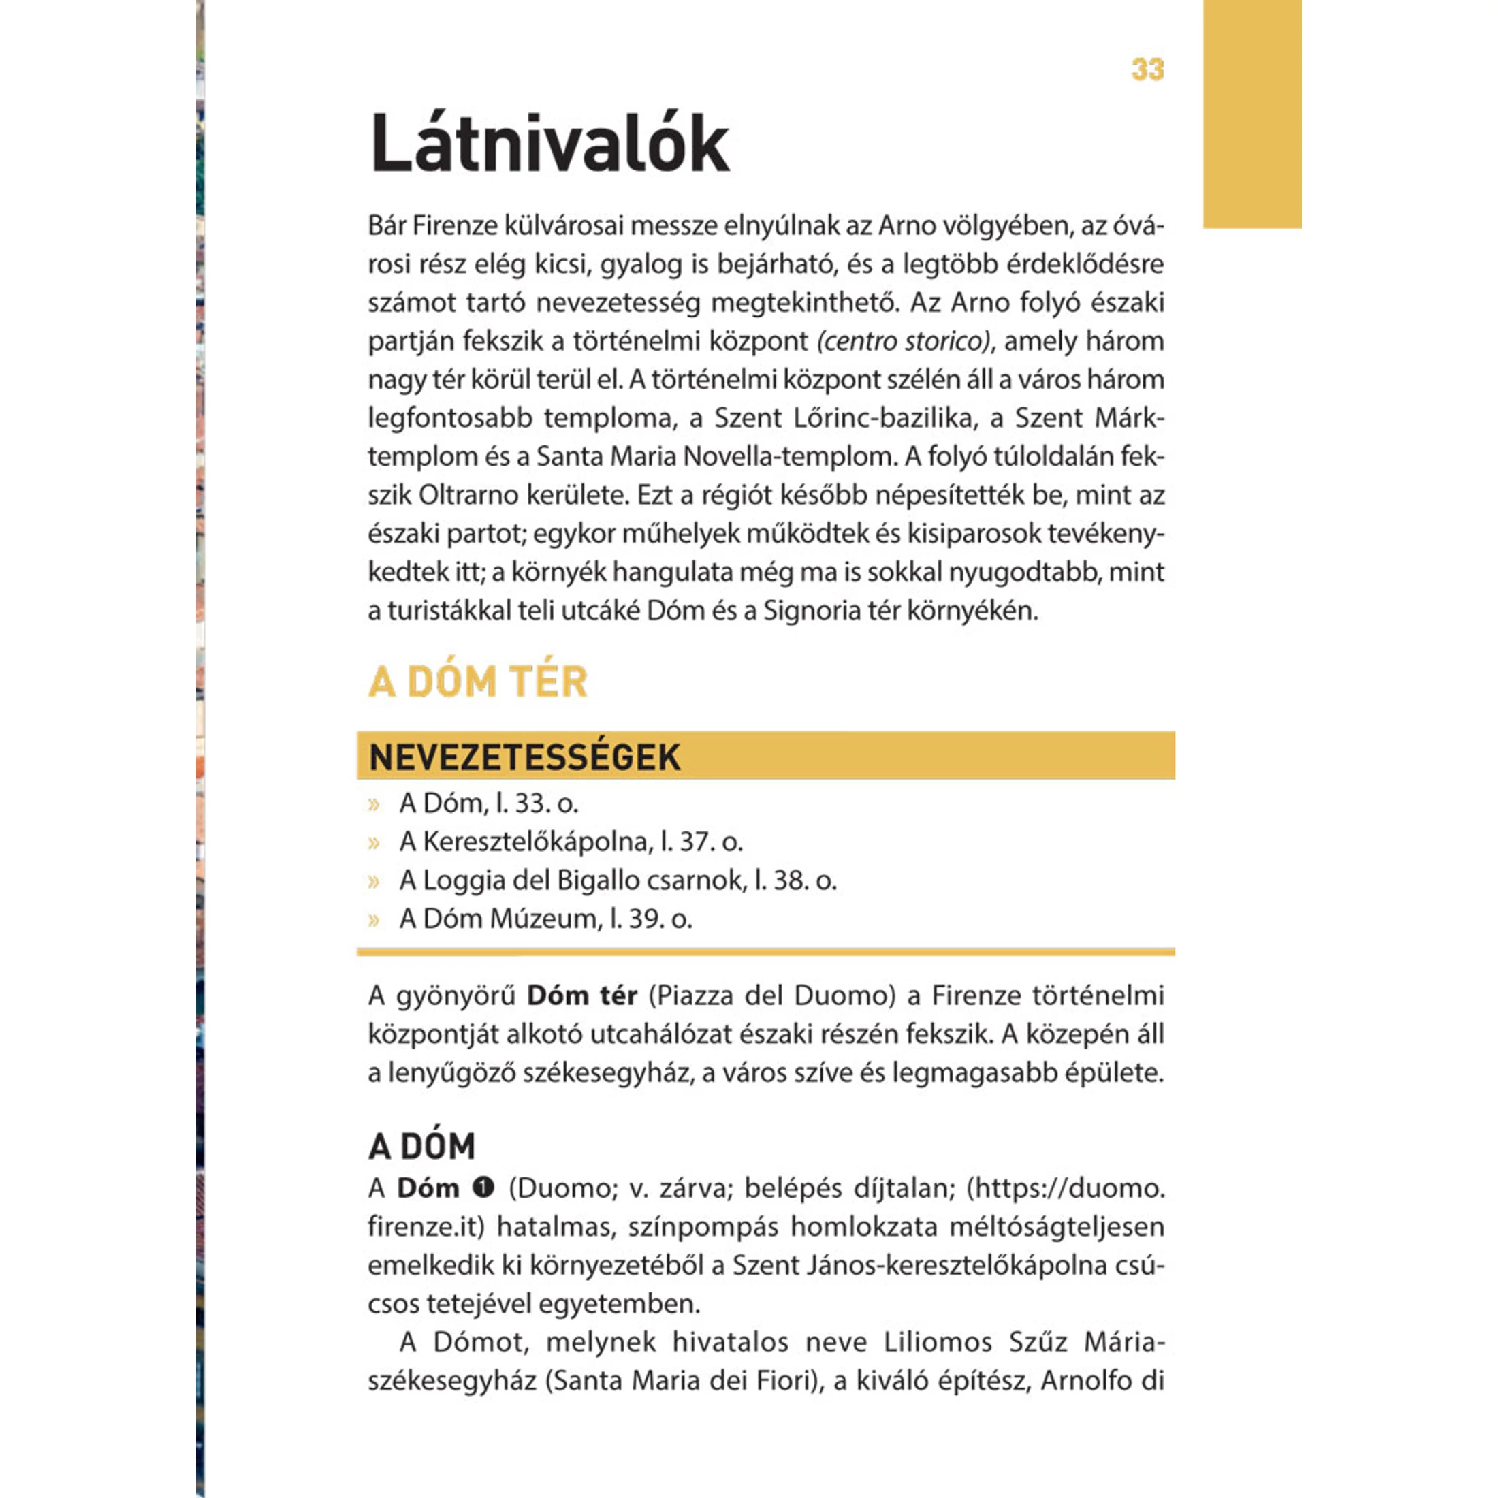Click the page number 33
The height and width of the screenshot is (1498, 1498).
pos(1147,69)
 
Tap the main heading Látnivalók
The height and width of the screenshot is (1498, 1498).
pos(549,144)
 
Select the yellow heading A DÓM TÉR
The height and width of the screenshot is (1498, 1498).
pos(477,682)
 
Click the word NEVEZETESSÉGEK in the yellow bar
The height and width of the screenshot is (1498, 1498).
pos(525,756)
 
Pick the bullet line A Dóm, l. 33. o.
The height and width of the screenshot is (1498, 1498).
pos(488,803)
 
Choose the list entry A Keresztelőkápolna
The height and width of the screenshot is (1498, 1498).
pos(571,842)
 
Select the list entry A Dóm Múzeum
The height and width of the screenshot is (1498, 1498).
pos(545,919)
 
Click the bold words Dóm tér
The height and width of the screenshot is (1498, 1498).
pos(581,995)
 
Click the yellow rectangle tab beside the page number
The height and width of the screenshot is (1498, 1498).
pos(1252,113)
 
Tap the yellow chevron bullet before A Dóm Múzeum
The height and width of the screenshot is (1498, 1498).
pos(374,920)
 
